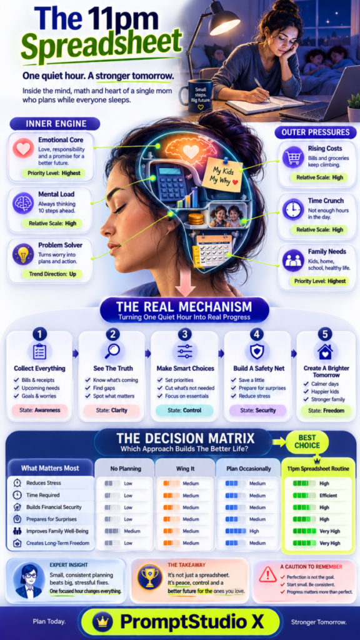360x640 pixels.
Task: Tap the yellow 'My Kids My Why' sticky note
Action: pos(222,174)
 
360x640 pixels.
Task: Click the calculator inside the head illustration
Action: pos(171,182)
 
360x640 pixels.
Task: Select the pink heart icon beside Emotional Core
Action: pos(23,149)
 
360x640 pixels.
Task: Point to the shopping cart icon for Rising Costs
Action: pos(292,157)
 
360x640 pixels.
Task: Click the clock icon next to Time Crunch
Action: pos(292,209)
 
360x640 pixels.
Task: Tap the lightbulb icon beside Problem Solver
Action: pos(23,255)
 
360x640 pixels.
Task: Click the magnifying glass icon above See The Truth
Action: pos(112,351)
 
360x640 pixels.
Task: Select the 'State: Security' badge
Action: pos(257,410)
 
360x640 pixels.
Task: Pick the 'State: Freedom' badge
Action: pos(326,410)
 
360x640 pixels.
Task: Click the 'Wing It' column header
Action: pos(185,469)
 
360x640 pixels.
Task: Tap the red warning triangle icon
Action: pos(267,575)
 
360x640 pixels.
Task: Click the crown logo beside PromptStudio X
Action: pos(100,622)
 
